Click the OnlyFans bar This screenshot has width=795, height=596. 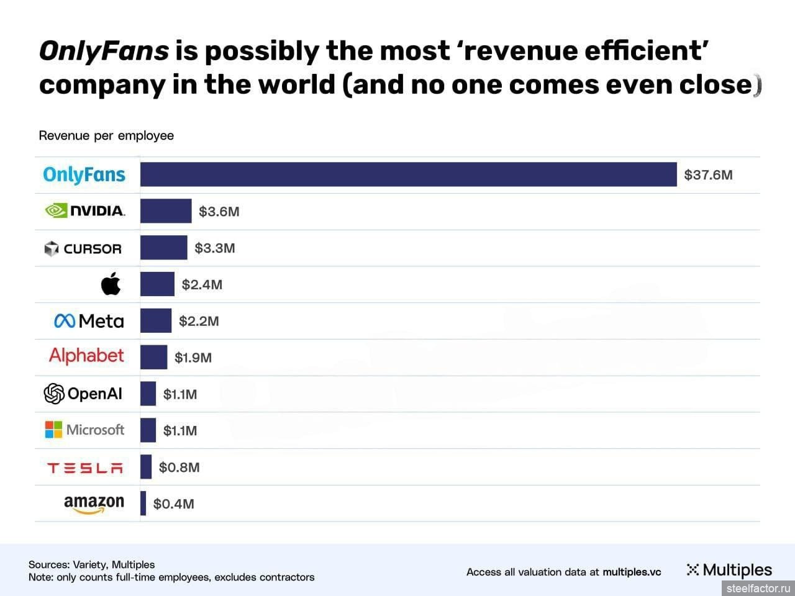408,174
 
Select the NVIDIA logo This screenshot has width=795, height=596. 85,211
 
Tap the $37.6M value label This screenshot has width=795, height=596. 708,175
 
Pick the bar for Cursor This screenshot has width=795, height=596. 163,248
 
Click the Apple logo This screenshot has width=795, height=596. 111,284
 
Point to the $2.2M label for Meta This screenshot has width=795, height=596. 199,321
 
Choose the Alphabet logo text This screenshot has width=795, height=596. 86,356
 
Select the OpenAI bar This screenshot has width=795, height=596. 148,394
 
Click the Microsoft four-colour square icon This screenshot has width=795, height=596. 53,430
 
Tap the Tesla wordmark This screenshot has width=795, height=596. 85,467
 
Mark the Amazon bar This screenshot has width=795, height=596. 143,503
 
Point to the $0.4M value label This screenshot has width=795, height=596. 173,504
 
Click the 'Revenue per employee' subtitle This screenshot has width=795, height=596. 106,135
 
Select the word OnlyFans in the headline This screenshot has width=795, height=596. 104,51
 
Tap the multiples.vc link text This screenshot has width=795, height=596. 632,572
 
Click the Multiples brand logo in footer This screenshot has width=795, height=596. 729,570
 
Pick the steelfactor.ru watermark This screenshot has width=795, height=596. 757,587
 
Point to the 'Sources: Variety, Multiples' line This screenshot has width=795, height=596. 91,564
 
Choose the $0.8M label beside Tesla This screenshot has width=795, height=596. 179,467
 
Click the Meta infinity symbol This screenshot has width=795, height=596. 65,321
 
